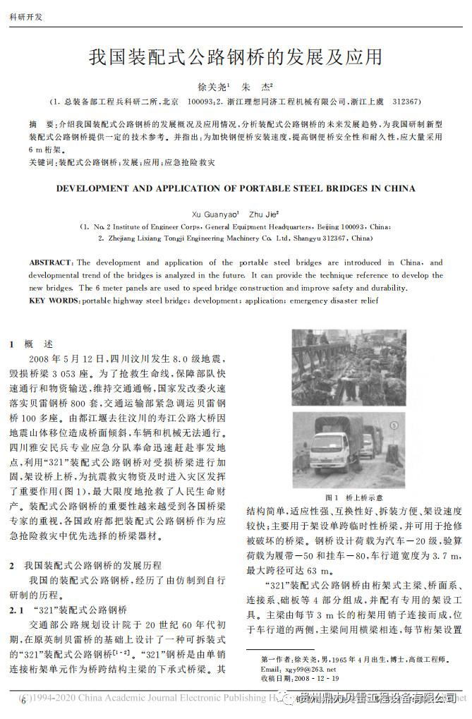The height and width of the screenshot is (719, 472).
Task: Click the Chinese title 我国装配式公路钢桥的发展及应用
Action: point(236,57)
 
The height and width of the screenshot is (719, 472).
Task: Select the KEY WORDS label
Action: point(54,301)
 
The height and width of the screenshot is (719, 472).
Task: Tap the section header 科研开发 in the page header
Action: point(25,16)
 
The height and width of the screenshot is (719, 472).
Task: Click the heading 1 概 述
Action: point(32,344)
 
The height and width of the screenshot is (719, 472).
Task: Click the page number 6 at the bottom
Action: point(23,701)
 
